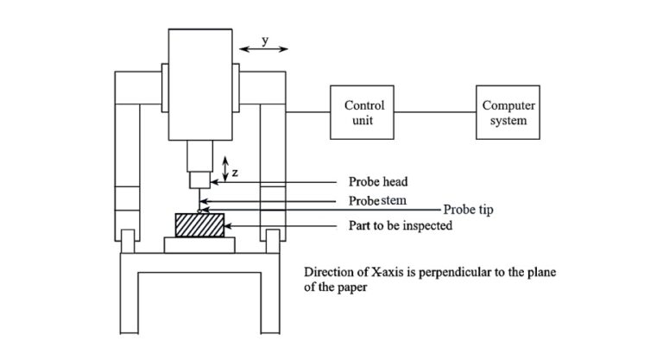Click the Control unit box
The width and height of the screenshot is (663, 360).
pyautogui.click(x=364, y=112)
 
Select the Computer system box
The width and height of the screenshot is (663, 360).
pyautogui.click(x=508, y=112)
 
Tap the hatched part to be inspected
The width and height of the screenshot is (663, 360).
pyautogui.click(x=200, y=226)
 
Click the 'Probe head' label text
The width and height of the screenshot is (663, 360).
pyautogui.click(x=377, y=182)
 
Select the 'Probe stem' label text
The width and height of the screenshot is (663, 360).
pyautogui.click(x=376, y=201)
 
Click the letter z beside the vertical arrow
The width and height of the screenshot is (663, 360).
pyautogui.click(x=235, y=173)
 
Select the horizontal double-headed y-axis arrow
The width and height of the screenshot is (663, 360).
pyautogui.click(x=264, y=51)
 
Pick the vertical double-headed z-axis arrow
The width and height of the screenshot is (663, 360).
pyautogui.click(x=224, y=168)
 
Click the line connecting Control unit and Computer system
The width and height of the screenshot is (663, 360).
pyautogui.click(x=434, y=112)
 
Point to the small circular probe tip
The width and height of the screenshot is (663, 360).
pyautogui.click(x=200, y=210)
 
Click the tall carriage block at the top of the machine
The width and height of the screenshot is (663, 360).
pyautogui.click(x=200, y=82)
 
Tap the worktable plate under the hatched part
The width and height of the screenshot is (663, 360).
pyautogui.click(x=200, y=245)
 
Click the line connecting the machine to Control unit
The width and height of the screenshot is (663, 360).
pyautogui.click(x=308, y=112)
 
